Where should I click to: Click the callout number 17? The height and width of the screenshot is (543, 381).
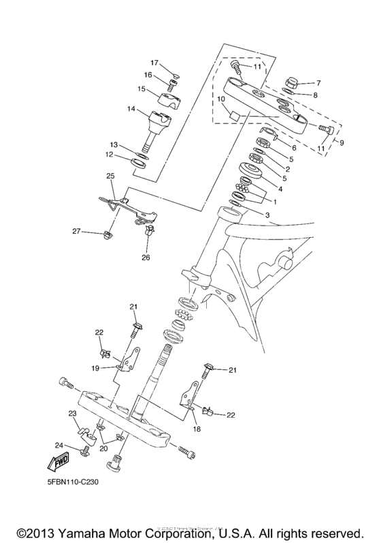pyautogui.click(x=154, y=63)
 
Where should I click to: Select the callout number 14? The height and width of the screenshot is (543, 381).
pyautogui.click(x=131, y=109)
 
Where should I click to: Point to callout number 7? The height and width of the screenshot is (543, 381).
pyautogui.click(x=318, y=82)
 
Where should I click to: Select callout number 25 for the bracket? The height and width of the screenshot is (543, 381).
pyautogui.click(x=111, y=176)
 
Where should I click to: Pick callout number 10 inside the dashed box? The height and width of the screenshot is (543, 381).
pyautogui.click(x=220, y=99)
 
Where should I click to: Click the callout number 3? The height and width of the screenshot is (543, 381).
pyautogui.click(x=267, y=215)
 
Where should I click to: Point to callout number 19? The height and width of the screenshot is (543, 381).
pyautogui.click(x=95, y=368)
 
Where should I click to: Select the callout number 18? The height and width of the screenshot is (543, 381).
pyautogui.click(x=197, y=429)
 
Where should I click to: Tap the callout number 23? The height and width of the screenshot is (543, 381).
pyautogui.click(x=71, y=414)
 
